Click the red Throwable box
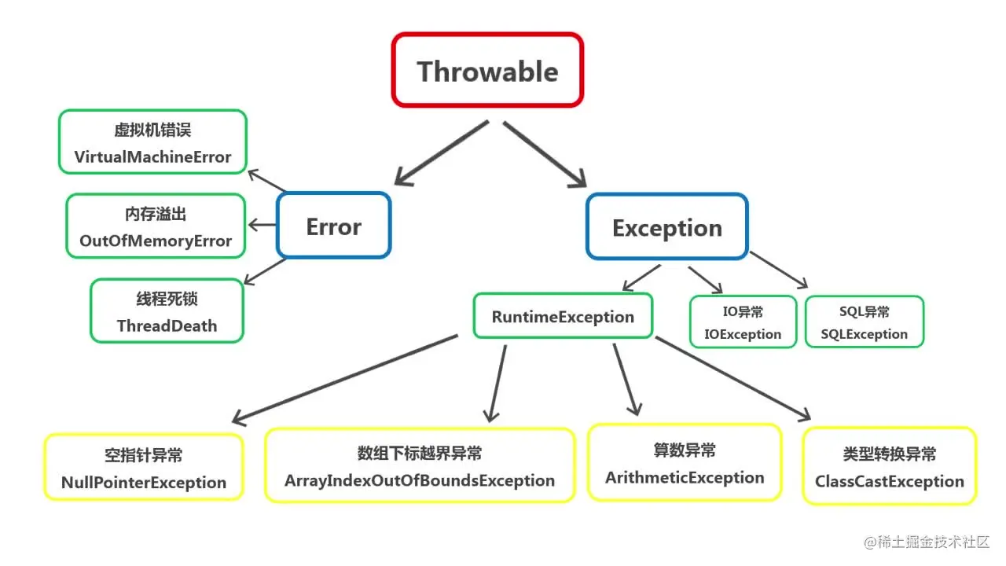coord(487,71)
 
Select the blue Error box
coord(334,226)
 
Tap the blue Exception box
coord(666,227)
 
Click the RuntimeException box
coord(563,316)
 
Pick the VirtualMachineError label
coord(152,156)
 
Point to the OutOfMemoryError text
coord(156,241)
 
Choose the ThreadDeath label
coord(167,325)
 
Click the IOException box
coord(743,322)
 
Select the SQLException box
coord(864,322)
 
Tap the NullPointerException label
coord(144,483)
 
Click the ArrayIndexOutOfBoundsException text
coord(420,480)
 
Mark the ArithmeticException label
coord(685,477)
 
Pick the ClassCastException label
coord(889,481)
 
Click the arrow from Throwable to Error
coord(440,153)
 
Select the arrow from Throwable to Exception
coord(545,154)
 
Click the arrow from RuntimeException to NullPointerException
coord(346,379)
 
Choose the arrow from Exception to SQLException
coord(778,270)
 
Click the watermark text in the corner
coord(927,542)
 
